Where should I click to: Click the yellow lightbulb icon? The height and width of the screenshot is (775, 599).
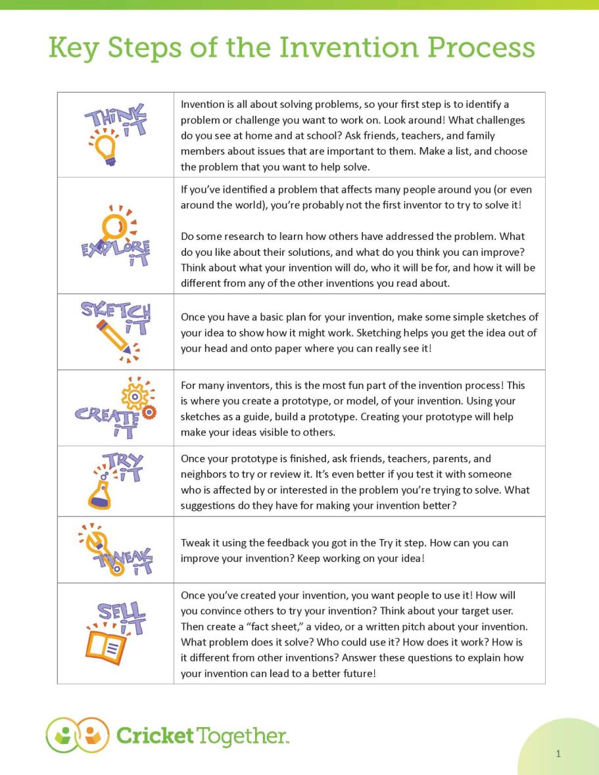(x=105, y=150)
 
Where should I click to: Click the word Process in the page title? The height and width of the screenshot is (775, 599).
(x=479, y=48)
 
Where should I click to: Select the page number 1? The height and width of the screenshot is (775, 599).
(x=558, y=754)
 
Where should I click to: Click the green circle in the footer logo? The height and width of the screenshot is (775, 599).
(x=63, y=735)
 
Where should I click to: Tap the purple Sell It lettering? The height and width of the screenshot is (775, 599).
(x=122, y=615)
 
